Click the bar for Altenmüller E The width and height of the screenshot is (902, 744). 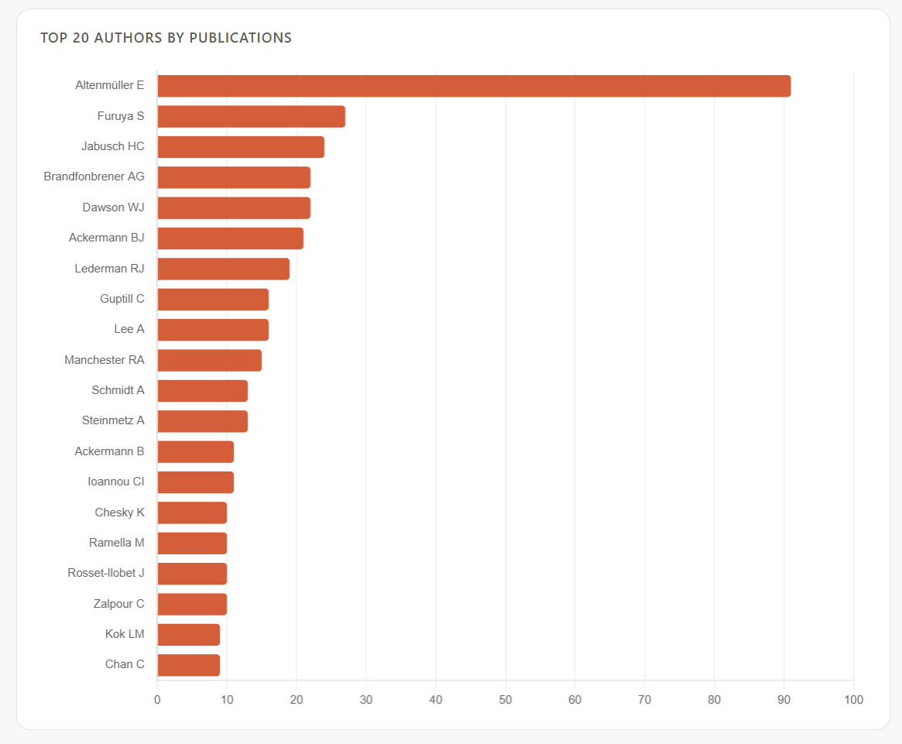click(474, 86)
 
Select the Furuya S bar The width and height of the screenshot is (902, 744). click(252, 116)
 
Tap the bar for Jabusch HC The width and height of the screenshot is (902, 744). click(241, 147)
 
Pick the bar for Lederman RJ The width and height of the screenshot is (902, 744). click(223, 269)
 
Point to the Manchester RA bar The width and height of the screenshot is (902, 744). click(209, 360)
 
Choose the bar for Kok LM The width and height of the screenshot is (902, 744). click(189, 635)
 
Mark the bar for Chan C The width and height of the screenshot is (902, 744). click(189, 665)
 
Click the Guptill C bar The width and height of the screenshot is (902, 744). click(213, 299)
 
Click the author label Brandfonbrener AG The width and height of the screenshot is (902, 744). click(94, 177)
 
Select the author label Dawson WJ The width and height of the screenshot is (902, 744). click(113, 207)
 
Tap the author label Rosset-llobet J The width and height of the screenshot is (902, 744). click(106, 573)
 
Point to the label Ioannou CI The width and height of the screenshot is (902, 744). click(115, 482)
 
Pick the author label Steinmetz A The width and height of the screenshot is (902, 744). click(113, 420)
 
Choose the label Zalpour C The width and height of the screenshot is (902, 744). click(118, 604)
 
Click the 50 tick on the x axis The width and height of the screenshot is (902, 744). click(505, 700)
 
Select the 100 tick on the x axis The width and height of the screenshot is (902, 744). click(854, 700)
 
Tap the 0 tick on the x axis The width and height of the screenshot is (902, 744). click(157, 700)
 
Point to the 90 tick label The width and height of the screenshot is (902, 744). click(784, 700)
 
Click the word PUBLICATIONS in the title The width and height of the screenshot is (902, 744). click(241, 38)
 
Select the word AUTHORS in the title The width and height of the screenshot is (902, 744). click(129, 38)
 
